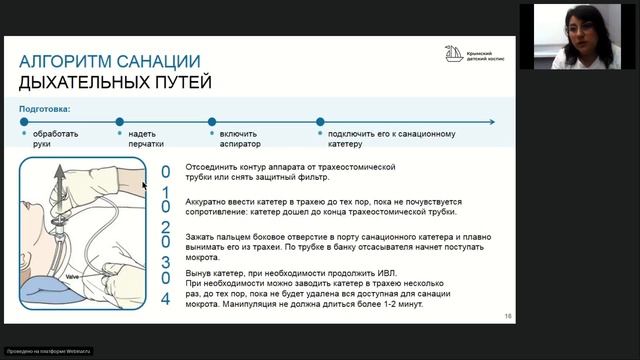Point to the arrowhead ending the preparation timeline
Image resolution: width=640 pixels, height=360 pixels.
click(491, 122)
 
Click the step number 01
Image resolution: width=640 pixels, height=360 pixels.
click(167, 182)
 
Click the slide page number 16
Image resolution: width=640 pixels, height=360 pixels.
click(508, 315)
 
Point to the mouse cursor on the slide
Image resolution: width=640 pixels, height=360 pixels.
click(145, 185)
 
